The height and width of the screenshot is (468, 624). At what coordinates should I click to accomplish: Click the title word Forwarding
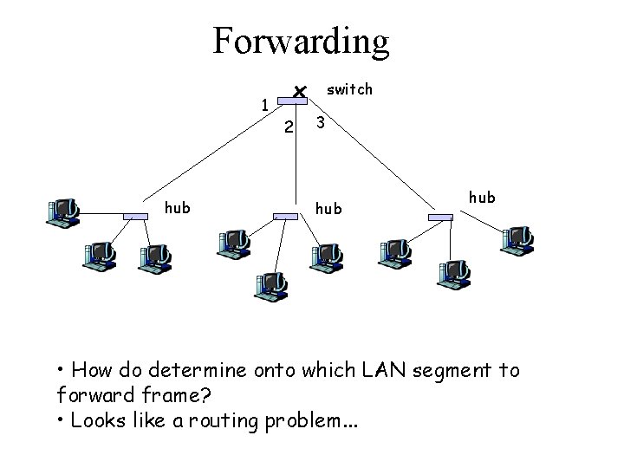tap(302, 42)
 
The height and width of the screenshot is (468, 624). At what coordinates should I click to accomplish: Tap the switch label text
tap(349, 89)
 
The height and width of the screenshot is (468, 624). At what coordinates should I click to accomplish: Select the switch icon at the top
tap(296, 98)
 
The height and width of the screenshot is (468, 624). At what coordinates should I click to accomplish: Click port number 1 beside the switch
tap(265, 105)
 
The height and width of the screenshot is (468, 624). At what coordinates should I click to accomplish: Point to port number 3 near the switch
tap(321, 123)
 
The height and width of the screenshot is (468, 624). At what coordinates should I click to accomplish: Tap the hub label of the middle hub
tap(328, 208)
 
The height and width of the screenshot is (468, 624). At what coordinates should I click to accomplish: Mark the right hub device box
tap(441, 217)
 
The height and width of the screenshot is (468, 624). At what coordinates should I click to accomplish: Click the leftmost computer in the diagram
tap(65, 211)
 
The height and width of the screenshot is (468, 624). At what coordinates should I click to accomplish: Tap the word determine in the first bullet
tap(210, 371)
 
